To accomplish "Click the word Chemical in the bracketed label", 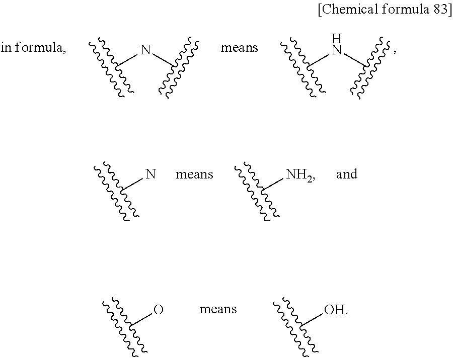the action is tap(349, 11).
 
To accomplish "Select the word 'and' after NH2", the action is tap(347, 174).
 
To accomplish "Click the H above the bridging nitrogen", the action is tap(337, 38).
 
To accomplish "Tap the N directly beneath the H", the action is tap(337, 50).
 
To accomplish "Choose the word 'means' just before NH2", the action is tap(194, 174).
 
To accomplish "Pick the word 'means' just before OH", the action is tap(218, 309).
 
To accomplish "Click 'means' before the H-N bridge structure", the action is tap(239, 48).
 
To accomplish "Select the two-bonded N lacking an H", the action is tap(145, 50).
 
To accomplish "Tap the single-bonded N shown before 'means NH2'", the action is tap(150, 174).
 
